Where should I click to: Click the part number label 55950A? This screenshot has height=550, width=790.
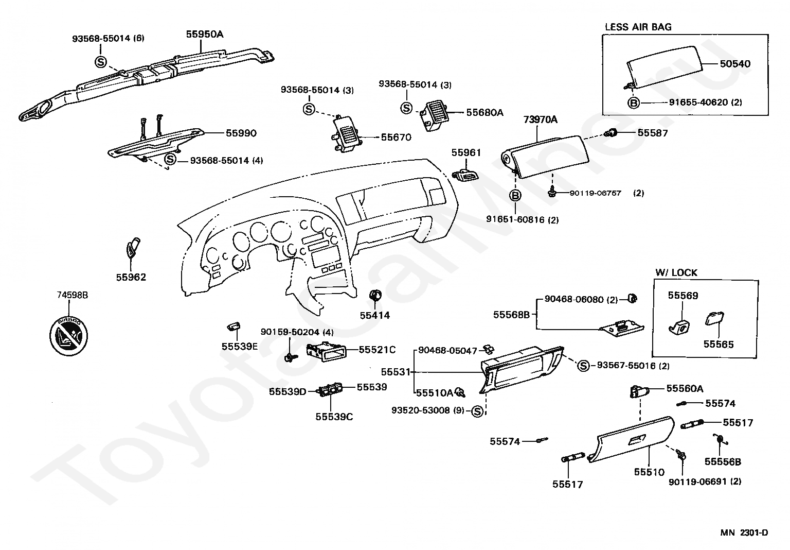(x=204, y=35)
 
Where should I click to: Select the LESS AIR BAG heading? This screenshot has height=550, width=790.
(x=638, y=27)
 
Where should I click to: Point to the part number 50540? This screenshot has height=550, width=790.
(x=734, y=64)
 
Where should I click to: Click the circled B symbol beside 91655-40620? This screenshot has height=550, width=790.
(x=634, y=102)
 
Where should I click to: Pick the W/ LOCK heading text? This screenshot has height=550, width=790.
(x=676, y=272)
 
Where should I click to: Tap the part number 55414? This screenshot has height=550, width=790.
(x=374, y=315)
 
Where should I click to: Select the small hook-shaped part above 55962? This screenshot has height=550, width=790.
(x=133, y=247)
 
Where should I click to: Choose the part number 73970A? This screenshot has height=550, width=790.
(x=540, y=119)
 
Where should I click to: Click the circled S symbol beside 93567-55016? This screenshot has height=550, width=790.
(x=583, y=366)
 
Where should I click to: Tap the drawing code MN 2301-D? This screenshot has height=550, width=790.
(x=744, y=532)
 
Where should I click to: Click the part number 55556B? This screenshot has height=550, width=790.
(x=723, y=462)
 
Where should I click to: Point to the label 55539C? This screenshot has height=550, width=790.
(x=334, y=417)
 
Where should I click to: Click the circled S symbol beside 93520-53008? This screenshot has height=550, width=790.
(x=478, y=411)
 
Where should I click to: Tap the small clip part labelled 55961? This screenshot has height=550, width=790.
(x=466, y=175)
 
